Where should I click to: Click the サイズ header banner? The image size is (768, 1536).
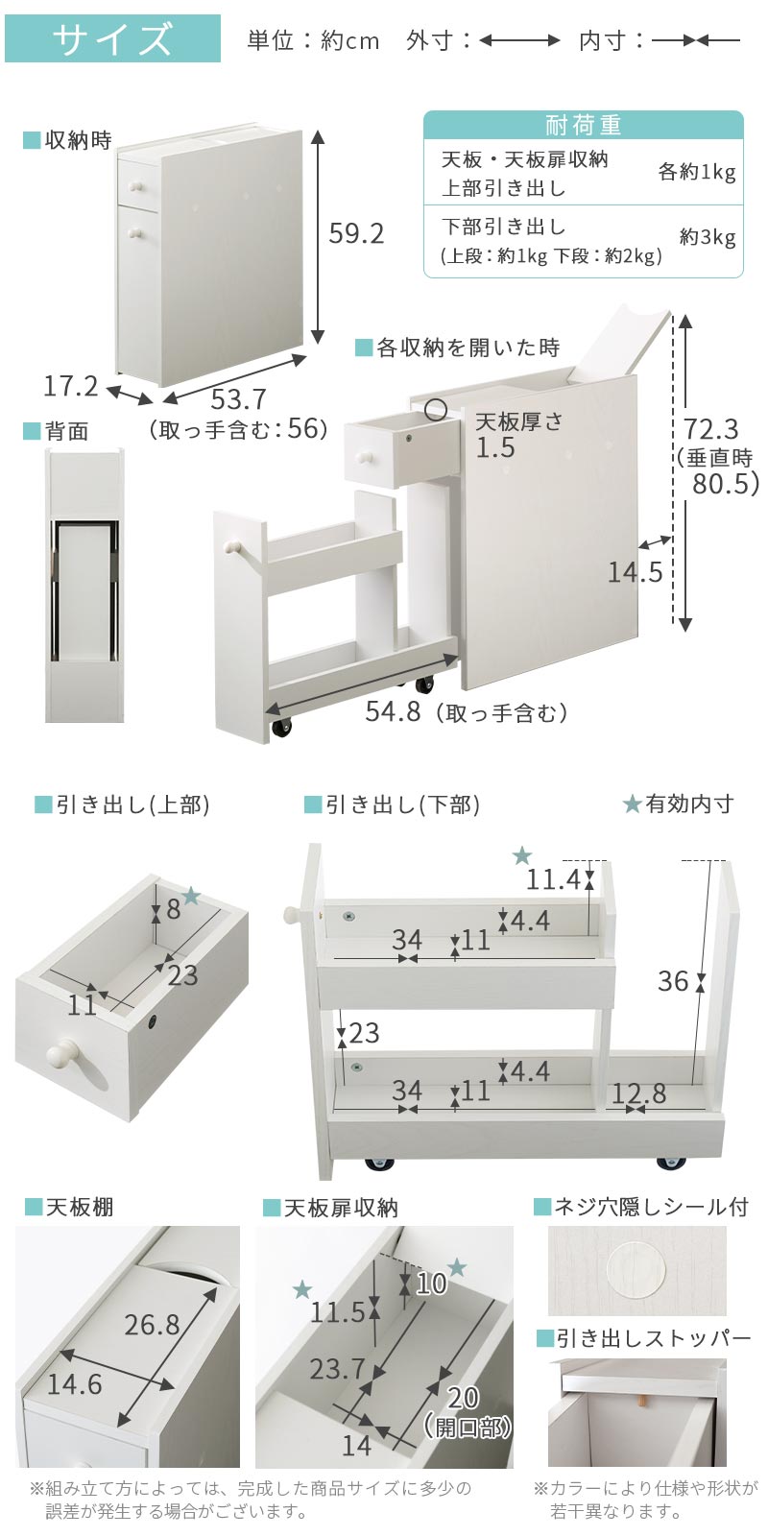point(112,38)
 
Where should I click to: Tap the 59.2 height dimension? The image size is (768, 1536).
point(356,234)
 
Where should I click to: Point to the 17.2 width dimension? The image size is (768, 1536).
point(71,386)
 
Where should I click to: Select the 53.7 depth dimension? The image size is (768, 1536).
point(239,399)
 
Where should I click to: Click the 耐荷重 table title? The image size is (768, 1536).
point(584,125)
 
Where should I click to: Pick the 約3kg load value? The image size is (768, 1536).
point(708,237)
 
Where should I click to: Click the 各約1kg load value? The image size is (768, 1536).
point(697,172)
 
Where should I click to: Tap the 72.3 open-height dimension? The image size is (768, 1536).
point(711,429)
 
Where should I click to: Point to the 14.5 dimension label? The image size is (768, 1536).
point(635,572)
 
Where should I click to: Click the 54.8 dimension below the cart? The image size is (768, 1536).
point(393,711)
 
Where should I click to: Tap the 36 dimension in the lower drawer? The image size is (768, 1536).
point(673,981)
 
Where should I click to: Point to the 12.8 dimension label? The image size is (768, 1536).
point(639,1093)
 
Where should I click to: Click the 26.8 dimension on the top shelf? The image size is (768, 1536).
point(153,1325)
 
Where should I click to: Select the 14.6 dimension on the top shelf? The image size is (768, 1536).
point(74,1384)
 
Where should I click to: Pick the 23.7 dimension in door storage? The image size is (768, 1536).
point(337,1369)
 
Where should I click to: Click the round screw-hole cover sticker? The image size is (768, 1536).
point(637,1269)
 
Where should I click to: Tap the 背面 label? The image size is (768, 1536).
point(67,431)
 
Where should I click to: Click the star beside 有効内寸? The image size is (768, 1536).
point(632,804)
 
